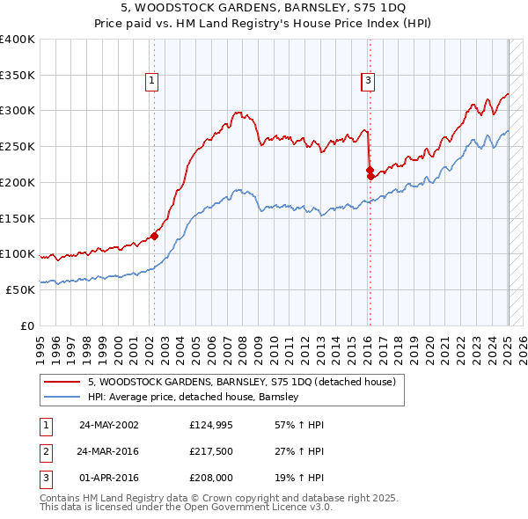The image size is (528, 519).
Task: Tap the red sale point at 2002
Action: click(154, 236)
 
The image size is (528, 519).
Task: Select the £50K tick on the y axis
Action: click(20, 289)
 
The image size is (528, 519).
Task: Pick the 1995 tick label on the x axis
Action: click(40, 344)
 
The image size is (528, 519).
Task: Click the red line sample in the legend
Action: click(62, 382)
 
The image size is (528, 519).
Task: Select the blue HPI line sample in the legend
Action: click(62, 397)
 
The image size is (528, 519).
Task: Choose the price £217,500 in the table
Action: click(210, 452)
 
